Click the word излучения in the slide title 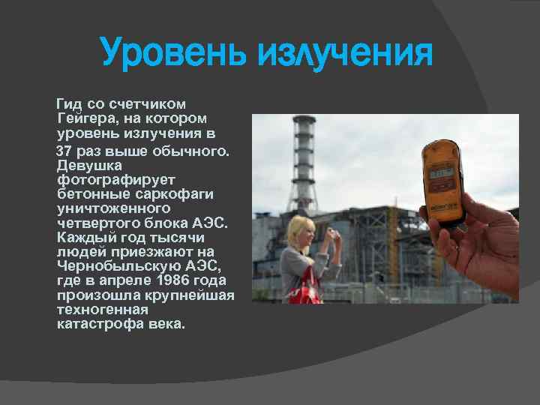pos(346,53)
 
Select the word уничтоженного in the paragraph pos(113,208)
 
